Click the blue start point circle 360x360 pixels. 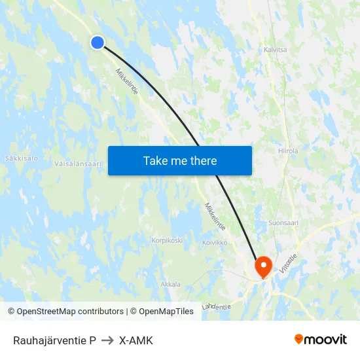[x=97, y=43]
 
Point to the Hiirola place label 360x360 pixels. [x=287, y=151]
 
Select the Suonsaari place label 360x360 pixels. [x=283, y=223]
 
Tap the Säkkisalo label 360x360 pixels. [x=22, y=158]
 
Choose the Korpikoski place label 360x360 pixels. [x=167, y=240]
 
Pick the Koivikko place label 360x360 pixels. [x=215, y=242]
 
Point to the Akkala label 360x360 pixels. [x=170, y=284]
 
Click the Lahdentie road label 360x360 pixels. [x=217, y=306]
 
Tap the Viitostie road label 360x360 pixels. [x=288, y=262]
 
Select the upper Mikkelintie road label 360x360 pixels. [x=127, y=82]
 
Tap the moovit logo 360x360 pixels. [x=321, y=340]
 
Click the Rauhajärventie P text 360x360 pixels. [x=54, y=340]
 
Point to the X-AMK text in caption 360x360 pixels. [x=136, y=340]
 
